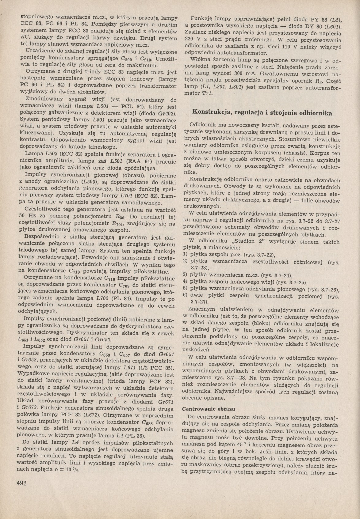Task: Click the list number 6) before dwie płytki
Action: pyautogui.click(x=185, y=295)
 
